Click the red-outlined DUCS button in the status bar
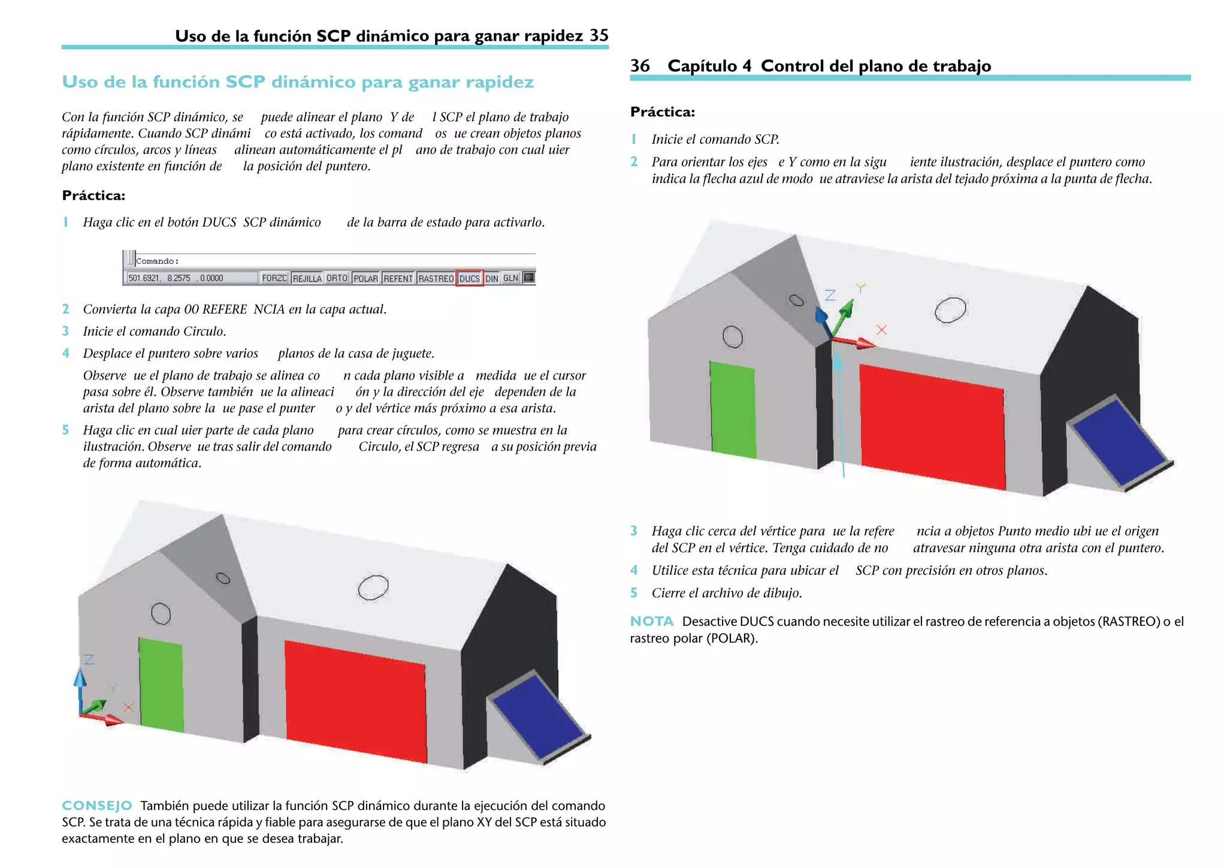469,278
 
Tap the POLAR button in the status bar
365,278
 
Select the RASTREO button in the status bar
436,278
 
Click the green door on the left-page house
161,685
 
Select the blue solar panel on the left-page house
537,716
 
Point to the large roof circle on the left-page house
373,587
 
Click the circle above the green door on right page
732,337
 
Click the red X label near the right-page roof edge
881,330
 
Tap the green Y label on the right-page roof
860,288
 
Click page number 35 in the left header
599,35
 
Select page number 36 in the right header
640,65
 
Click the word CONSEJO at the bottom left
97,805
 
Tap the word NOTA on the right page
652,621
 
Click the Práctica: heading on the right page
663,111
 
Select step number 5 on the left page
66,430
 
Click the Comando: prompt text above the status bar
158,261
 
